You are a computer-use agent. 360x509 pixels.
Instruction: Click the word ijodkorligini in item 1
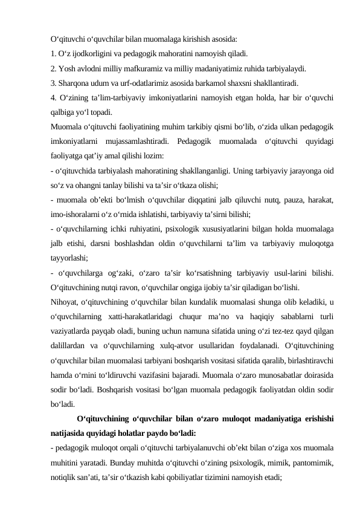[x=90, y=53]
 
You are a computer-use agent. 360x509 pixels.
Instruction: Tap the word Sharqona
[x=75, y=83]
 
